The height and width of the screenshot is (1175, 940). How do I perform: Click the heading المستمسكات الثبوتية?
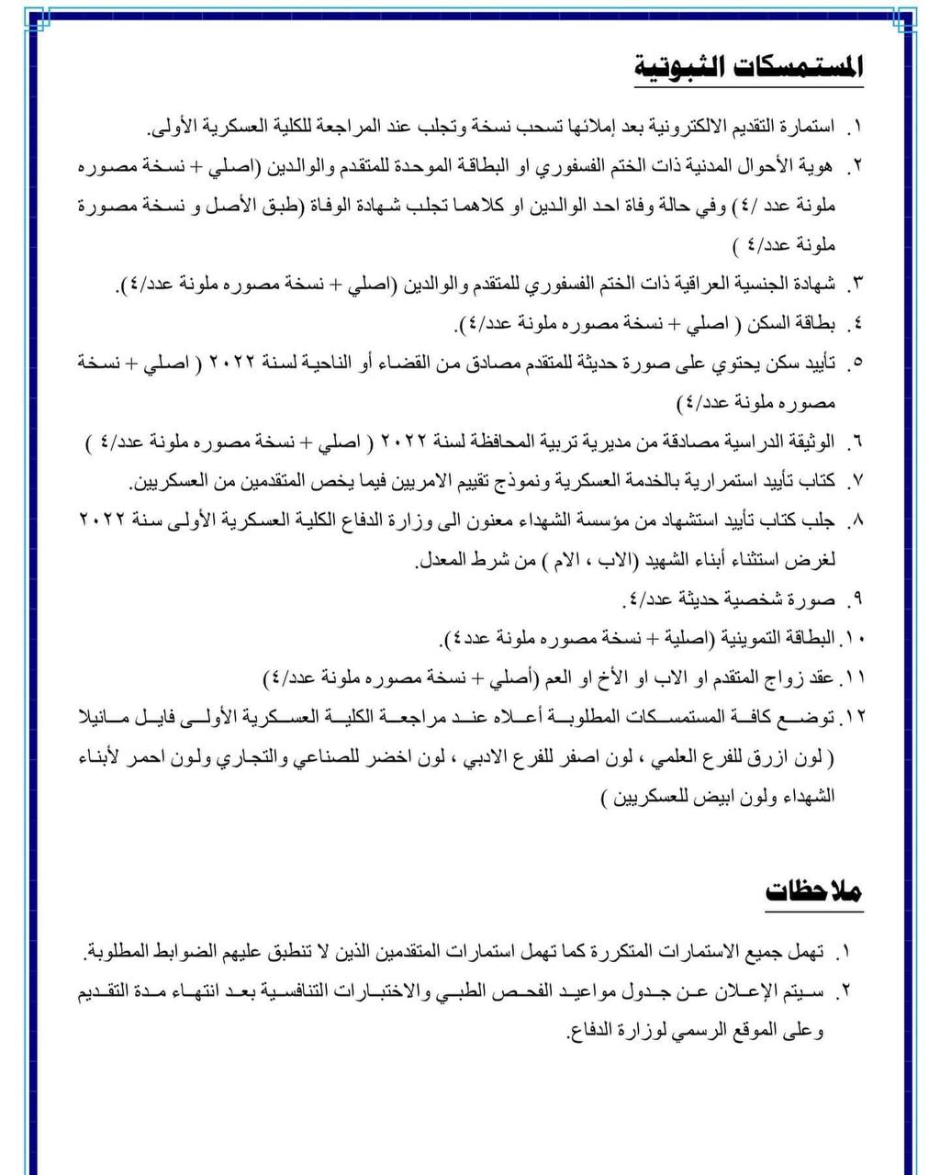click(x=748, y=69)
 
